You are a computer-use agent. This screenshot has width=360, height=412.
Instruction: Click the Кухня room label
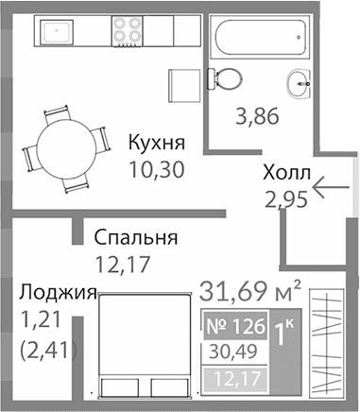[x=156, y=145]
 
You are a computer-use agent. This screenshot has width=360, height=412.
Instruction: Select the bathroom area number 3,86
[x=255, y=117]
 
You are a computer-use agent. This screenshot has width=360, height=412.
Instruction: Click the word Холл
[x=284, y=174]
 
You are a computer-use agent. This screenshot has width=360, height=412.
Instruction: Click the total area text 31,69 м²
[x=250, y=285]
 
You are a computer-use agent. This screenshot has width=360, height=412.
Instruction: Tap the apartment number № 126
[x=236, y=328]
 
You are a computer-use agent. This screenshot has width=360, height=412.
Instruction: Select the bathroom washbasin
[x=302, y=80]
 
